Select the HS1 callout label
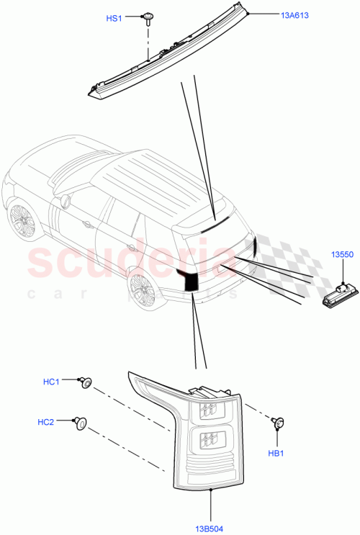[114, 19]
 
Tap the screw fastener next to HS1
[148, 17]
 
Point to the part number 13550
[341, 255]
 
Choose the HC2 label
[45, 422]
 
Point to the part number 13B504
[210, 512]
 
